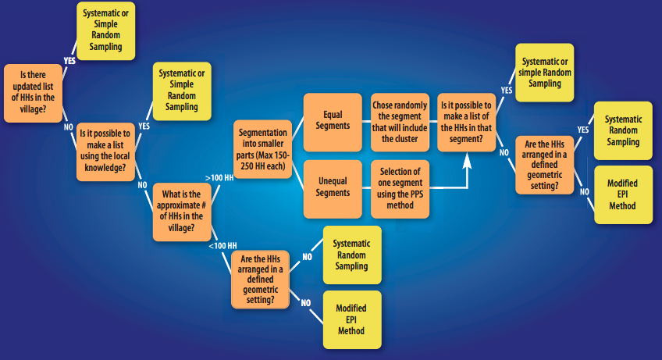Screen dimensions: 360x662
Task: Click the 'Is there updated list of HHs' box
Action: click(34, 91)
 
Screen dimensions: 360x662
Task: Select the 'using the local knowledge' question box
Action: click(105, 149)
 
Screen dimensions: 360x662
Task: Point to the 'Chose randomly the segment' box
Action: click(400, 121)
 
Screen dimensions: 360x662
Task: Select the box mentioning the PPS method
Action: click(400, 187)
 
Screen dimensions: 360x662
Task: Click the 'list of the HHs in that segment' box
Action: click(466, 121)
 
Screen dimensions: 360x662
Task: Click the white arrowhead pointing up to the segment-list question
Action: click(468, 160)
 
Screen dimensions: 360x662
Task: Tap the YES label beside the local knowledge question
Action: click(144, 125)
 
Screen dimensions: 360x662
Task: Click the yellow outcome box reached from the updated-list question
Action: click(105, 30)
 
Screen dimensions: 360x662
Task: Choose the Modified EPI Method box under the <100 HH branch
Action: click(351, 319)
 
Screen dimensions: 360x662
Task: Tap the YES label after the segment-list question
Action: click(505, 91)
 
